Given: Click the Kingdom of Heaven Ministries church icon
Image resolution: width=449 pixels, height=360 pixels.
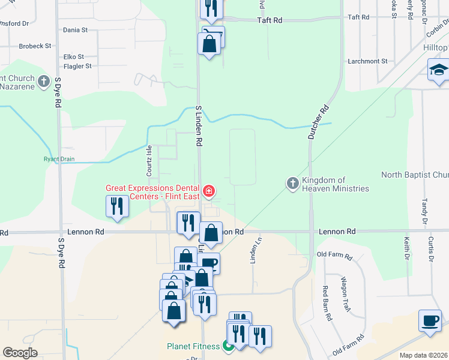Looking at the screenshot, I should click(x=293, y=184).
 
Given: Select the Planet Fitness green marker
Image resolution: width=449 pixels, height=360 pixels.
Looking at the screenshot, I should click(x=228, y=346).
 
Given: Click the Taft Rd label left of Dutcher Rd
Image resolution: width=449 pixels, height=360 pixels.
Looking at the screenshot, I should click(x=270, y=20).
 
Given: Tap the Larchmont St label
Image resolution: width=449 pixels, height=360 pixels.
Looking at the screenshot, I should click(x=368, y=61).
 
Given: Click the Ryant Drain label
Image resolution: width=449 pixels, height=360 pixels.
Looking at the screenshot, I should click(x=58, y=159).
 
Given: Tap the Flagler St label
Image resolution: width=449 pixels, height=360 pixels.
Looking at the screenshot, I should click(x=77, y=67).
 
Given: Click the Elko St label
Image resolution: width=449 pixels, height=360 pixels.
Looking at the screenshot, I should click(x=74, y=57).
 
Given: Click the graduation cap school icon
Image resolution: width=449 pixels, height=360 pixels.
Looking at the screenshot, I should click(x=438, y=70).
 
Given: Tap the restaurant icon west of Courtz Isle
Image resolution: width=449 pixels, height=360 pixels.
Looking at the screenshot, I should click(x=116, y=206).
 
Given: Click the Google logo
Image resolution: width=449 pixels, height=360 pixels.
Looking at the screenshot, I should click(x=20, y=353).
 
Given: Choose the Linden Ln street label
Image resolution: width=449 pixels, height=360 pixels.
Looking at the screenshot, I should click(x=253, y=250).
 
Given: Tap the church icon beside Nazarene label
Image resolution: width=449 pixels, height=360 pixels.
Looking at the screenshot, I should click(x=43, y=81).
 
